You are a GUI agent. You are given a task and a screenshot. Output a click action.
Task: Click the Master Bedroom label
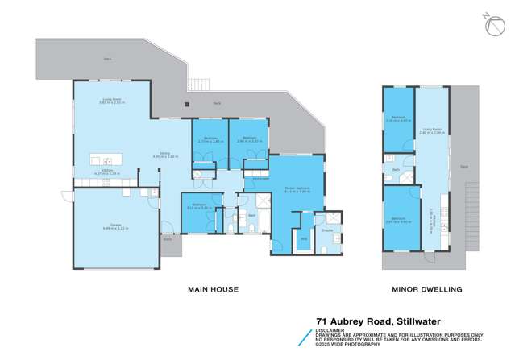(297, 189)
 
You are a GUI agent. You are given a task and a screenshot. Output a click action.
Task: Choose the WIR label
(304, 238)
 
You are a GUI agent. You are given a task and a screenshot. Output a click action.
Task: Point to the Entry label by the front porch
(168, 239)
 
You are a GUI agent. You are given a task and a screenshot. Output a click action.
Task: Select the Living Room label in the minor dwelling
(433, 128)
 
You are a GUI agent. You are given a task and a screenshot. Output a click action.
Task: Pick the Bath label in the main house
(251, 216)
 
